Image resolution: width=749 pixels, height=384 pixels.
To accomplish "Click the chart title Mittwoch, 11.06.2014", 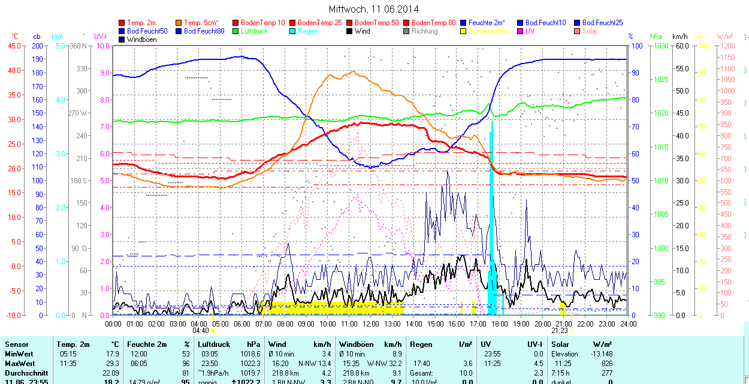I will click(x=374, y=9).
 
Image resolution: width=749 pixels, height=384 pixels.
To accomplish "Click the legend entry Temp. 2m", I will click(x=140, y=22).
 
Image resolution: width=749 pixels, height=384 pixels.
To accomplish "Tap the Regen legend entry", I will click(x=307, y=31).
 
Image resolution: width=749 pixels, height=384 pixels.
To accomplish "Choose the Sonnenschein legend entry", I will click(x=489, y=31).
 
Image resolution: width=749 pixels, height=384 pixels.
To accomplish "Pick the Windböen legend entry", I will click(x=141, y=40).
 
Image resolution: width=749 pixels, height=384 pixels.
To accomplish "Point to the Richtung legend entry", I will click(x=424, y=31).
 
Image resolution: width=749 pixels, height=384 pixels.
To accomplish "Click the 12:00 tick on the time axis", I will click(x=370, y=323).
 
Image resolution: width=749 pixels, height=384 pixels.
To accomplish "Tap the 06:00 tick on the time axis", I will click(x=242, y=323).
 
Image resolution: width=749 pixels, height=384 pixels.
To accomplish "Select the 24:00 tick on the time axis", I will click(x=627, y=323).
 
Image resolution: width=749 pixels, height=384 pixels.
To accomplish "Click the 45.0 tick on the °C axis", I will click(x=14, y=46).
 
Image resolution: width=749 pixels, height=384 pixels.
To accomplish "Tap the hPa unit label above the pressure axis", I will click(x=656, y=37).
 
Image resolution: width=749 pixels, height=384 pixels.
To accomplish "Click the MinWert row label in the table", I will click(x=19, y=354).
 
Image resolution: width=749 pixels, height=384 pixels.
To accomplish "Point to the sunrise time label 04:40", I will click(x=200, y=330).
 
